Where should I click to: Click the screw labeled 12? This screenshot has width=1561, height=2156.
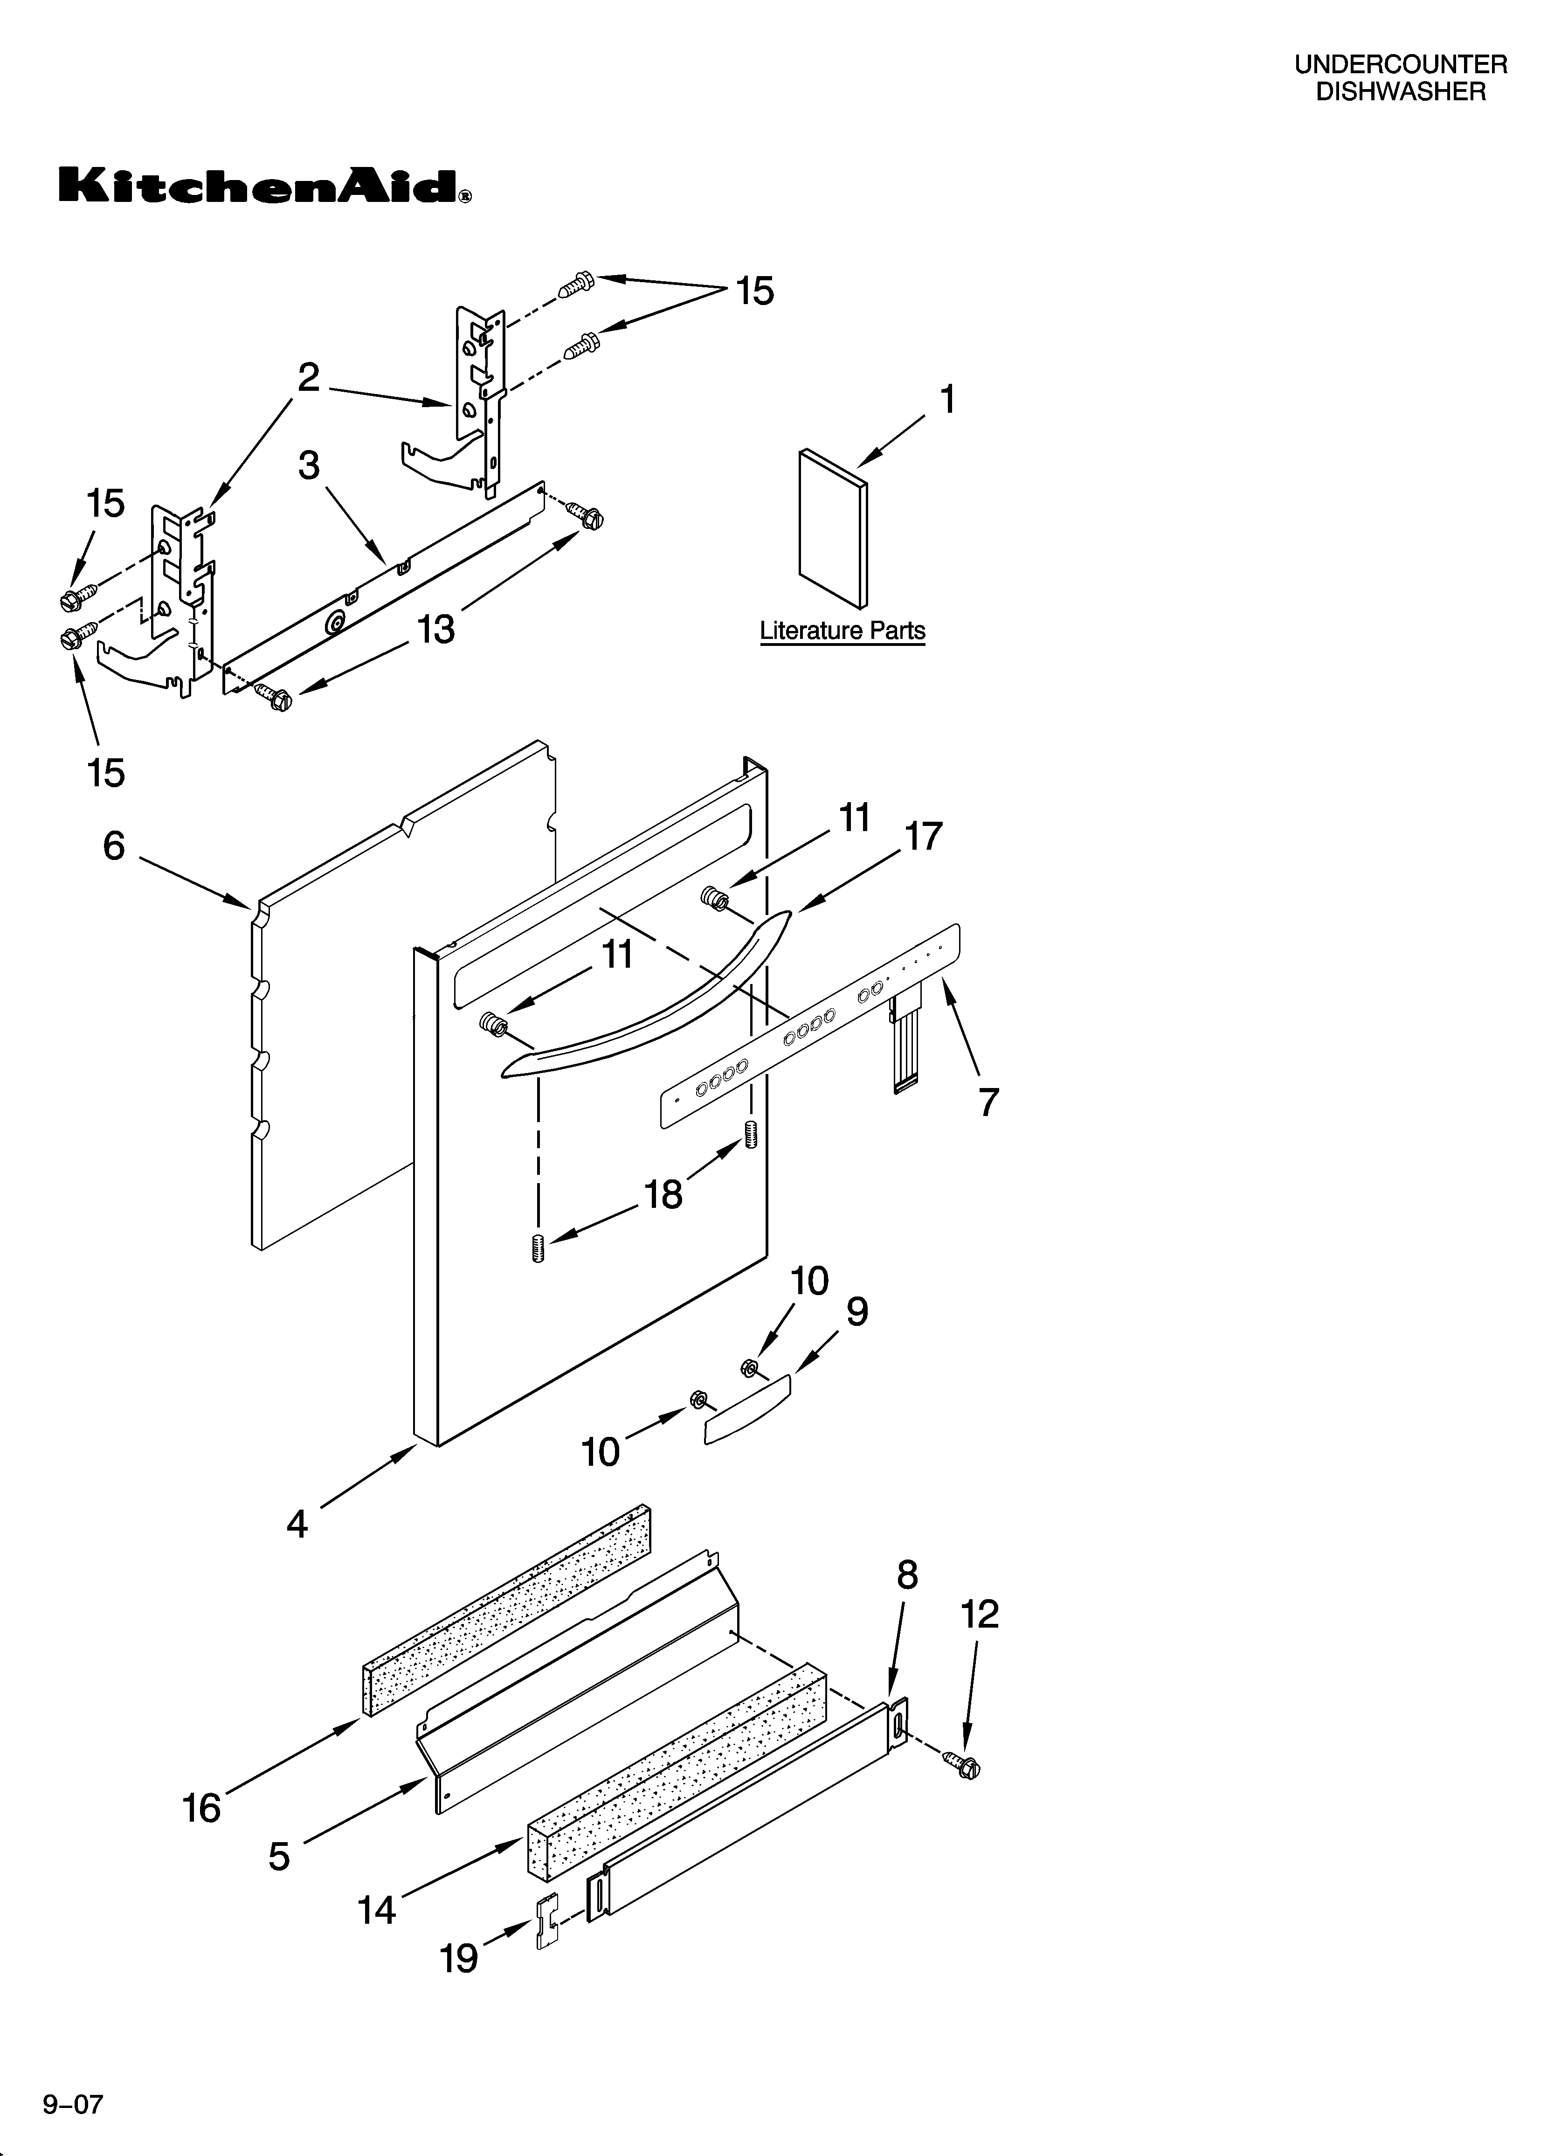[x=961, y=1765]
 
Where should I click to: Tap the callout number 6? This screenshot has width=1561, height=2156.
[x=114, y=845]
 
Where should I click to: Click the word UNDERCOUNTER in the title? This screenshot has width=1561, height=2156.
[x=1400, y=65]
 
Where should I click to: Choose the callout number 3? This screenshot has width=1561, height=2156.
[x=309, y=466]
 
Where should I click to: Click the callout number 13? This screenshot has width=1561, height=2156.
[x=436, y=629]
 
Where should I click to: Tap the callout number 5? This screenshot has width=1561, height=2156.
[x=278, y=1856]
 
